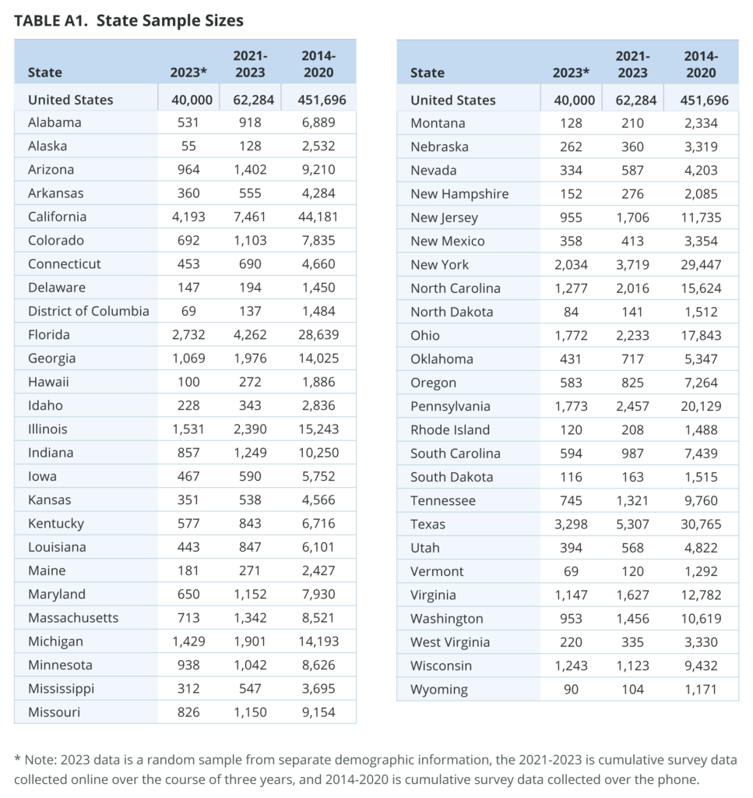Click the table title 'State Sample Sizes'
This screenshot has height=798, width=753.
click(x=170, y=20)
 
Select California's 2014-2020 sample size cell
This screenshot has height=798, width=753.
click(x=318, y=217)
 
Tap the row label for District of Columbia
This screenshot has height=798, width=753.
click(x=89, y=311)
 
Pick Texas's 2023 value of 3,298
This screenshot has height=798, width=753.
click(x=571, y=524)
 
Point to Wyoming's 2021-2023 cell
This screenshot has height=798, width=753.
click(x=632, y=689)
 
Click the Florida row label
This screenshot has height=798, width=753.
click(x=49, y=334)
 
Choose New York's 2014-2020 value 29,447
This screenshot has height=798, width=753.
click(x=701, y=265)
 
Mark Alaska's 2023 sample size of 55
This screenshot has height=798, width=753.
click(x=188, y=146)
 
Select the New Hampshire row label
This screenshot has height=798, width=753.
click(x=459, y=194)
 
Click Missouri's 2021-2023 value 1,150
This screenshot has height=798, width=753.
click(x=250, y=712)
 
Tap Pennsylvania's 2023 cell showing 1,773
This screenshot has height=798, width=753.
click(x=571, y=406)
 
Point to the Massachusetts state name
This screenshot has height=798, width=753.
click(x=73, y=618)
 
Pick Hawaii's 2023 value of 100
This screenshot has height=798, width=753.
click(x=188, y=382)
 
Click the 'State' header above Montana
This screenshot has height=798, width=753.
click(x=428, y=72)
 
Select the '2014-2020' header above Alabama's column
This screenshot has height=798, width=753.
click(x=318, y=64)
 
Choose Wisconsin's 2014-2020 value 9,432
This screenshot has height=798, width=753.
click(x=701, y=666)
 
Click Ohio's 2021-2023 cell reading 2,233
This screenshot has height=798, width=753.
click(x=632, y=335)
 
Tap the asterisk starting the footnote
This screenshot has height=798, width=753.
click(x=17, y=759)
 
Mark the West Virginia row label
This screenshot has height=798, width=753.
click(x=451, y=642)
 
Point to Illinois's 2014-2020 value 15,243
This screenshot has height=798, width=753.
click(x=318, y=429)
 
